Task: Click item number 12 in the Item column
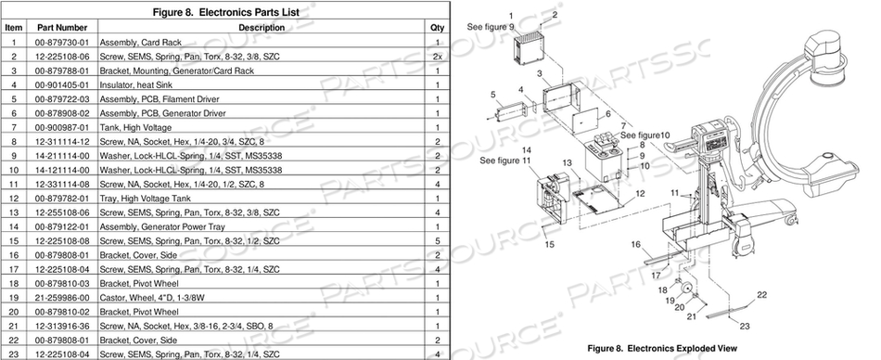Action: [14, 198]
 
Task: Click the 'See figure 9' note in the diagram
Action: [491, 27]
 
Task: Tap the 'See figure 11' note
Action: [505, 160]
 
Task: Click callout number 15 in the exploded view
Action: [551, 245]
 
